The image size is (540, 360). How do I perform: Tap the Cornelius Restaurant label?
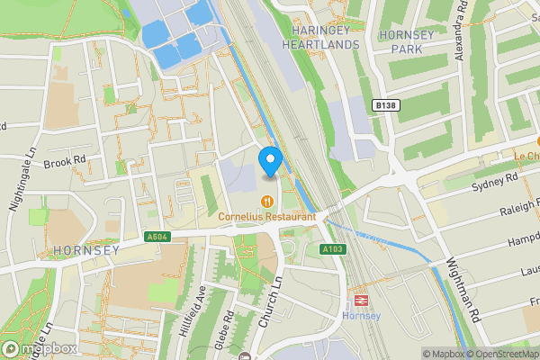point(267,217)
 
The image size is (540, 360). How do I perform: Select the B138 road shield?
point(385,105)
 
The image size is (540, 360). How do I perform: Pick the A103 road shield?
point(331,248)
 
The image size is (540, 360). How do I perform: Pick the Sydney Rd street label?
point(495,181)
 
